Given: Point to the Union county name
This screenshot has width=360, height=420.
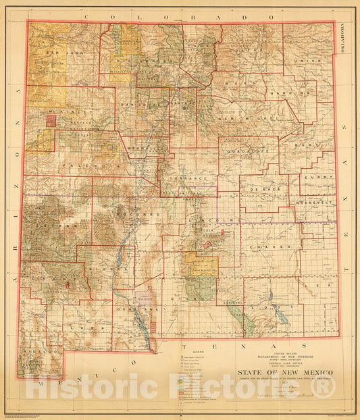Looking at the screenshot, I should tap(311, 61).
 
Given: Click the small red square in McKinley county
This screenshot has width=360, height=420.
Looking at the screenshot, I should tap(50, 121).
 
